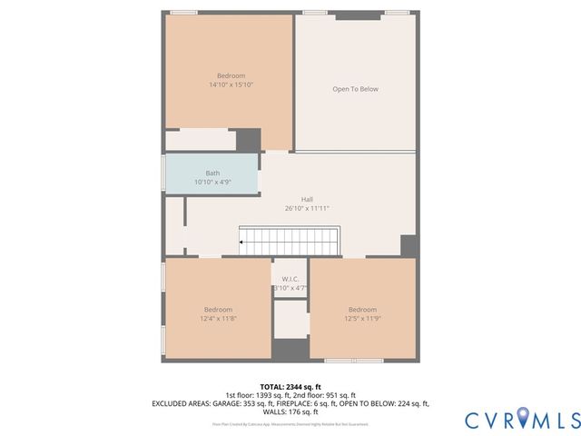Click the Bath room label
coord(212,173)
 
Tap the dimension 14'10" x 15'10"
coord(230,84)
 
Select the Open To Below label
coord(355,89)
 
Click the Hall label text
coord(307,199)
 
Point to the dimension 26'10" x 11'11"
coord(307,208)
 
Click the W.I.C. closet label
coord(290,279)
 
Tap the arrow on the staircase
coord(241,243)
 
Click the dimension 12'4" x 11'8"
coord(218,319)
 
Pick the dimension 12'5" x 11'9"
coord(362,319)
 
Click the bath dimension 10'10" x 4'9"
coord(212,182)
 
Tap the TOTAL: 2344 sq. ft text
coord(290,386)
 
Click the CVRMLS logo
coord(521,420)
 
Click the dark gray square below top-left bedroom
coord(249,140)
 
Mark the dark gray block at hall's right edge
coord(409,246)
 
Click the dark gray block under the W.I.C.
coord(290,350)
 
